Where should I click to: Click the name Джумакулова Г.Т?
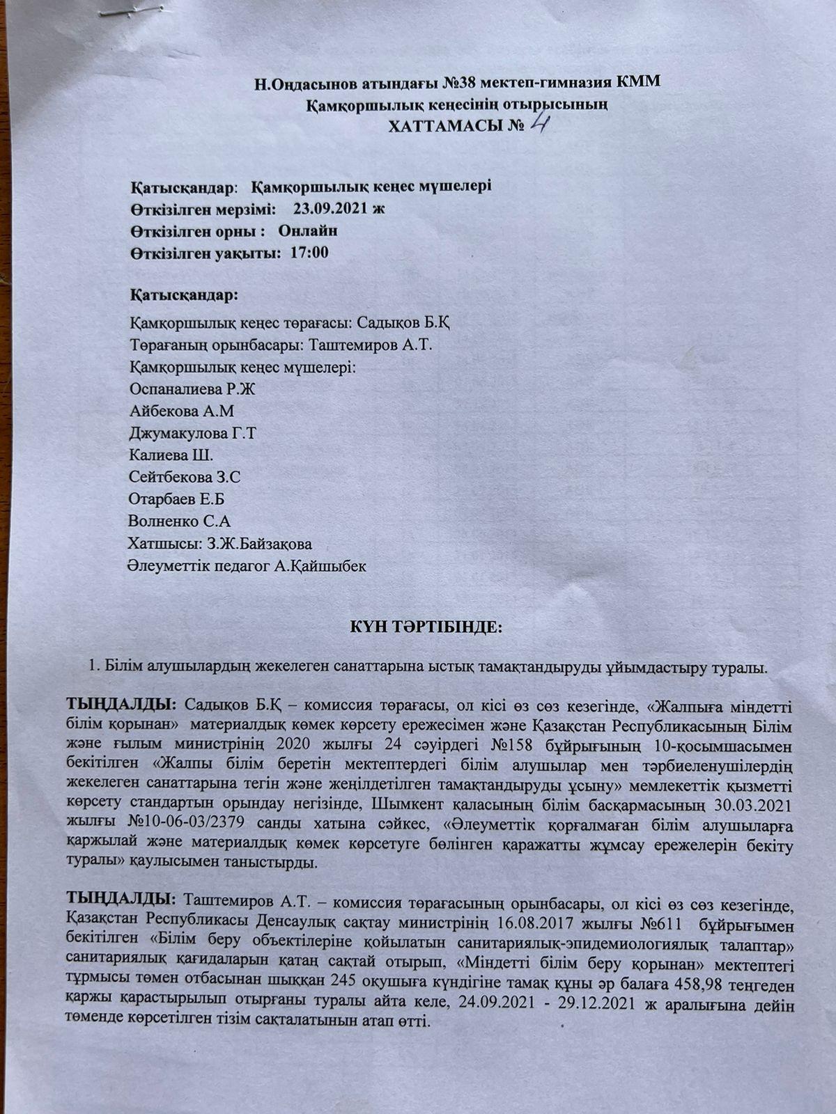coord(193,434)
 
